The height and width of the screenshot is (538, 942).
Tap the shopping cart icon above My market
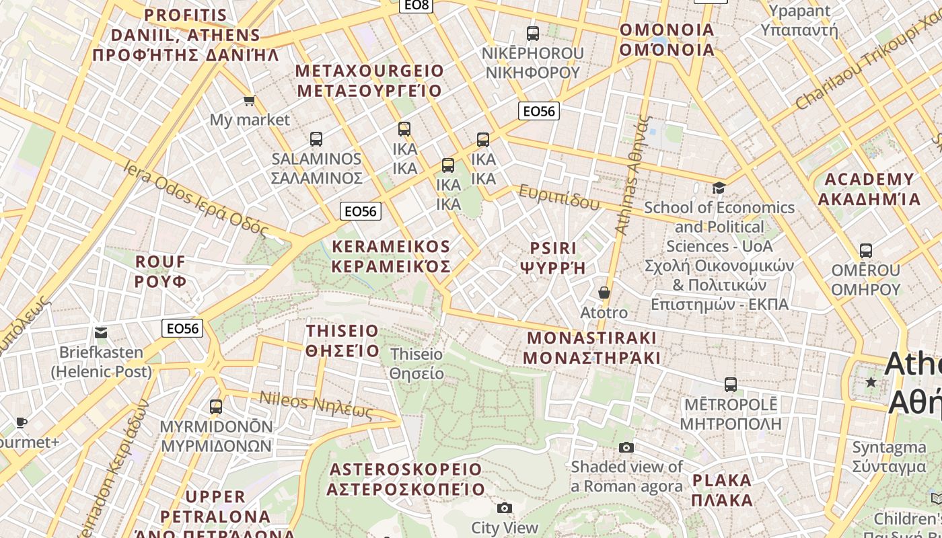[x=249, y=100]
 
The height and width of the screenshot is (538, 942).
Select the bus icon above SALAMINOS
[x=316, y=139]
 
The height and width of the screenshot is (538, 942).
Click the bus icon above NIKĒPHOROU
[x=533, y=33]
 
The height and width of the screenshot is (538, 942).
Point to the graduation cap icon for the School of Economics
[x=719, y=188]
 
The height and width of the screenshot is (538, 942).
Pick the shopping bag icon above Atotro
[x=604, y=293]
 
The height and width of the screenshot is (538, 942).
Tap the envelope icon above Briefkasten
[x=101, y=332]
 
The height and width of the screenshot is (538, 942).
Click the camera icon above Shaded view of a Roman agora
[x=626, y=447]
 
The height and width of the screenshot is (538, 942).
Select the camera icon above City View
[x=505, y=508]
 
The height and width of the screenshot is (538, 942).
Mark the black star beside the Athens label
[x=871, y=383]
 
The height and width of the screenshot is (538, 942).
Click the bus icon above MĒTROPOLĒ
[x=731, y=385]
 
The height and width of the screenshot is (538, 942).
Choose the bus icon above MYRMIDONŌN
[x=216, y=407]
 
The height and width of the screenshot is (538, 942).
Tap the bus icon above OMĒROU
[x=866, y=251]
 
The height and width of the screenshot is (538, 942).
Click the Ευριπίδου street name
[x=558, y=197]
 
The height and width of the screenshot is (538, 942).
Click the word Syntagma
[x=889, y=447]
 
